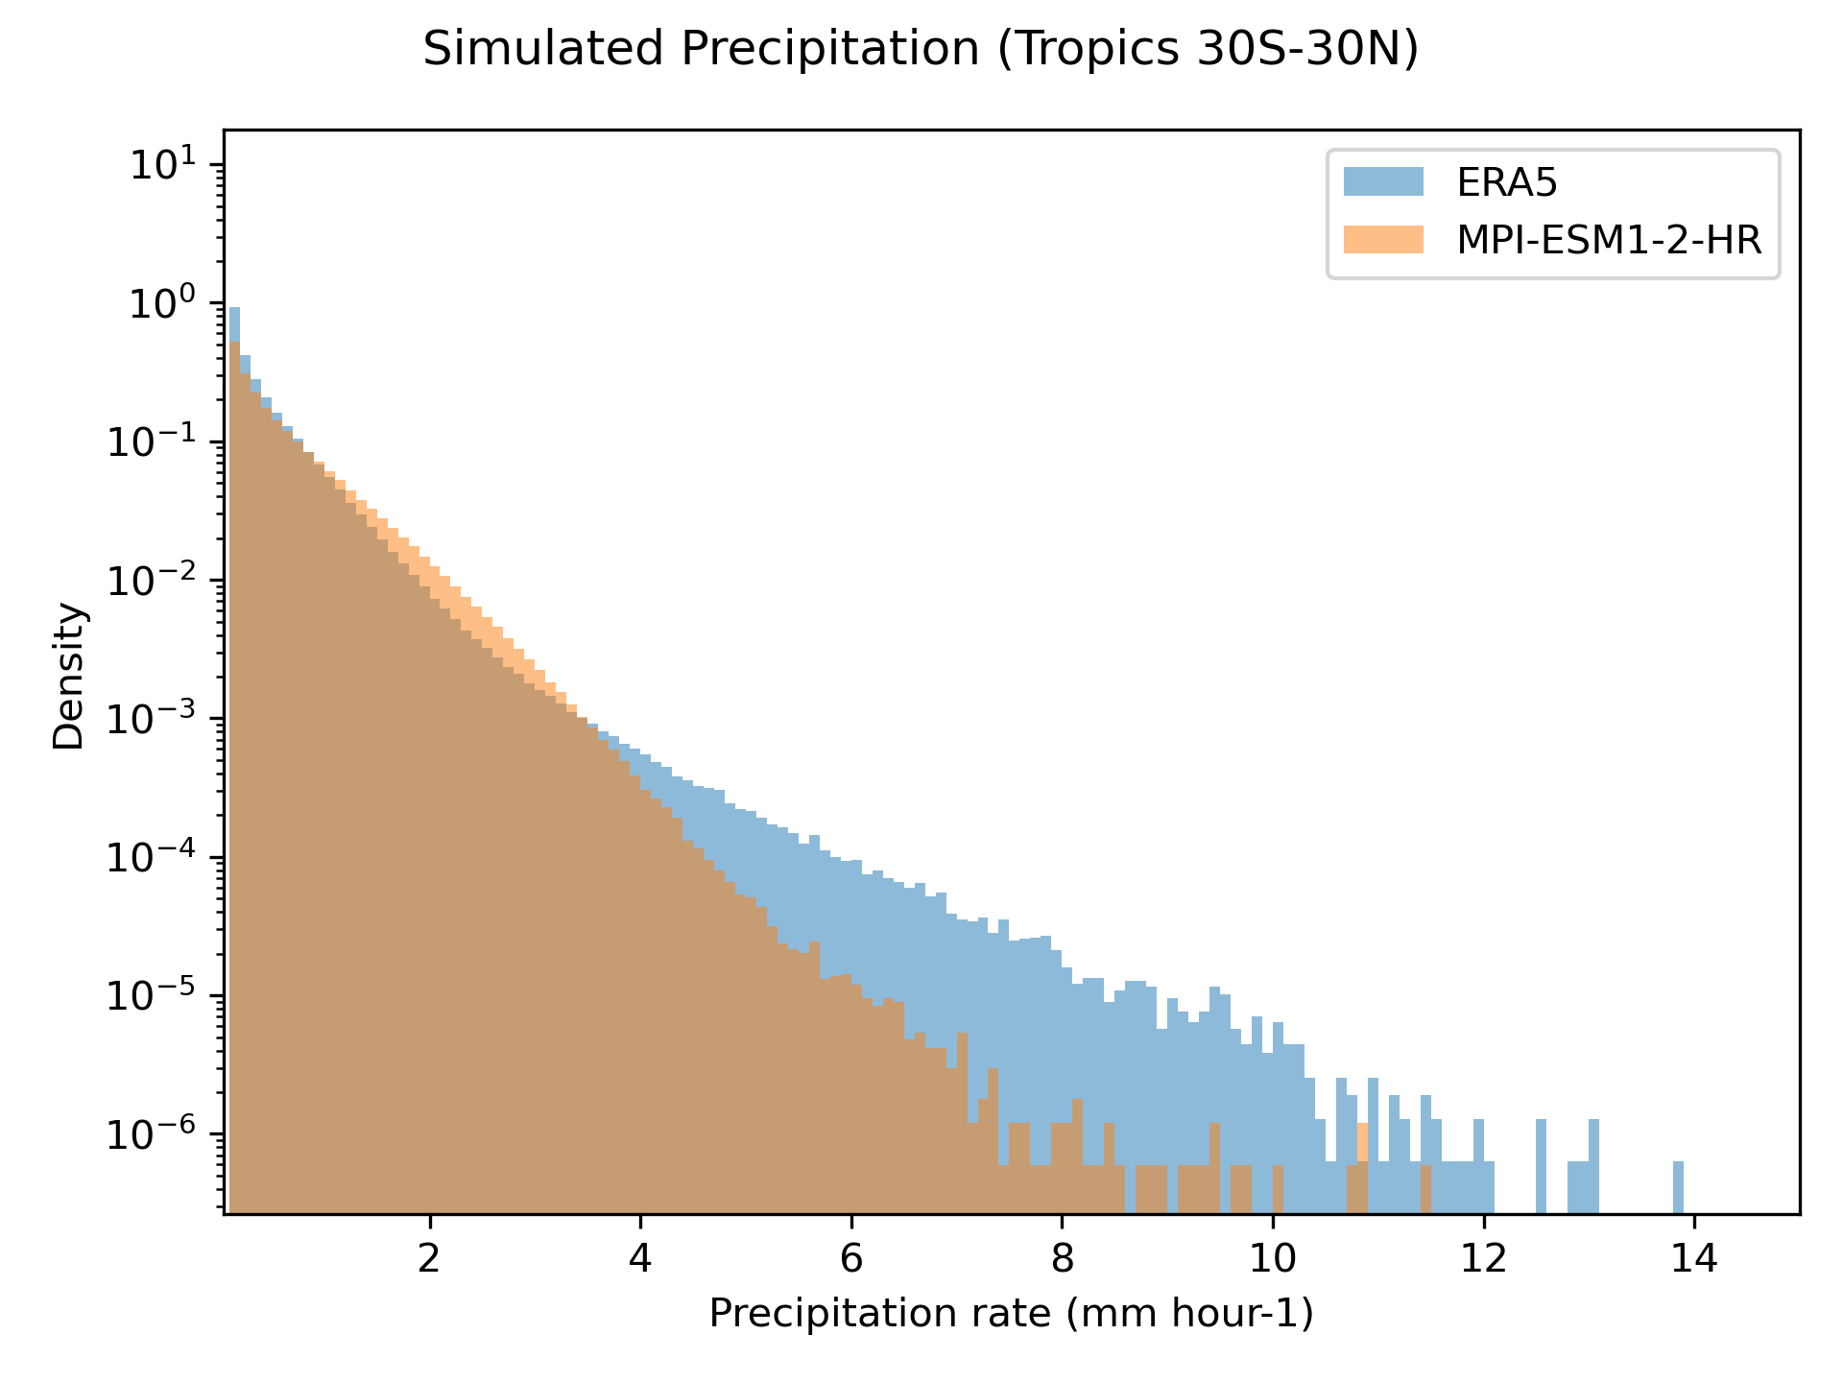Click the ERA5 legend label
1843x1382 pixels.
[x=1507, y=182]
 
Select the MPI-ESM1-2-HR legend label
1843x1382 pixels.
[x=1609, y=240]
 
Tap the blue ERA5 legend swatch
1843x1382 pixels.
[x=1383, y=181]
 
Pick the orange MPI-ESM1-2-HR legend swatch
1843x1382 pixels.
[x=1383, y=239]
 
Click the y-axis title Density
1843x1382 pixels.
[x=69, y=675]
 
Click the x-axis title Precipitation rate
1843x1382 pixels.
[x=1011, y=1314]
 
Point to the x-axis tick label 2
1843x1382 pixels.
[x=429, y=1258]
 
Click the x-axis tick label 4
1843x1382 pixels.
[x=640, y=1258]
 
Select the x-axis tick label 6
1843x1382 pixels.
[x=850, y=1258]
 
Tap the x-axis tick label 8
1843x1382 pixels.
[x=1062, y=1258]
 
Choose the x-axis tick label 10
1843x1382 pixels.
[x=1272, y=1258]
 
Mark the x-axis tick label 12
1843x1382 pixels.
[x=1483, y=1258]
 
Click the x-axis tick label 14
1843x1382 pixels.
[x=1693, y=1258]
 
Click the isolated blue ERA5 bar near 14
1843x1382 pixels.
[x=1678, y=1188]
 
